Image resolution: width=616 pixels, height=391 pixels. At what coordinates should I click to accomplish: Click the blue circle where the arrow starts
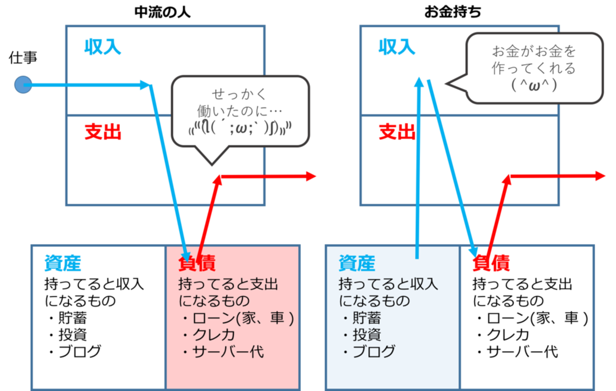click(23, 85)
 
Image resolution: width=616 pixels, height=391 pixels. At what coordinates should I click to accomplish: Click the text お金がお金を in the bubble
click(534, 51)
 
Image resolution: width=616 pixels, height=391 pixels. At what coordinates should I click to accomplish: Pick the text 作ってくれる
click(534, 68)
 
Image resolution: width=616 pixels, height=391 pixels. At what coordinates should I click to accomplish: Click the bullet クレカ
click(208, 335)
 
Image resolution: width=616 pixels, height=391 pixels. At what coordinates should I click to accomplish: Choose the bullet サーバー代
click(223, 352)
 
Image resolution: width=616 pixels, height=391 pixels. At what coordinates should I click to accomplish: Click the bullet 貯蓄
click(362, 318)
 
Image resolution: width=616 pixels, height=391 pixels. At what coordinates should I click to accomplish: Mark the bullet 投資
click(362, 335)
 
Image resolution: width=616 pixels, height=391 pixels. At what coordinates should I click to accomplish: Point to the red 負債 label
click(491, 264)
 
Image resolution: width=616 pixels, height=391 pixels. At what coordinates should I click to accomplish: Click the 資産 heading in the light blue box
click(357, 263)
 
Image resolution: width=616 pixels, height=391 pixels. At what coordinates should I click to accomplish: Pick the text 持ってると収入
click(388, 284)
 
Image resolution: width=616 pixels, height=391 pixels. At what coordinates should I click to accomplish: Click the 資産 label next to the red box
click(63, 264)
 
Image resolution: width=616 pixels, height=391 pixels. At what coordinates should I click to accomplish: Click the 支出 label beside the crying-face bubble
click(103, 132)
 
